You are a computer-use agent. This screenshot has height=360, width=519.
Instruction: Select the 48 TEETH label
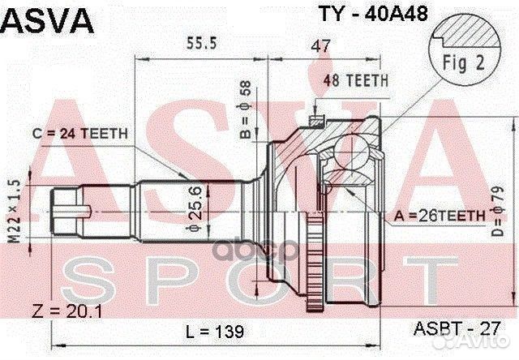356,80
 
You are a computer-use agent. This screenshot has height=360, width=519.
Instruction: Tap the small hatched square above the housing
316,121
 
